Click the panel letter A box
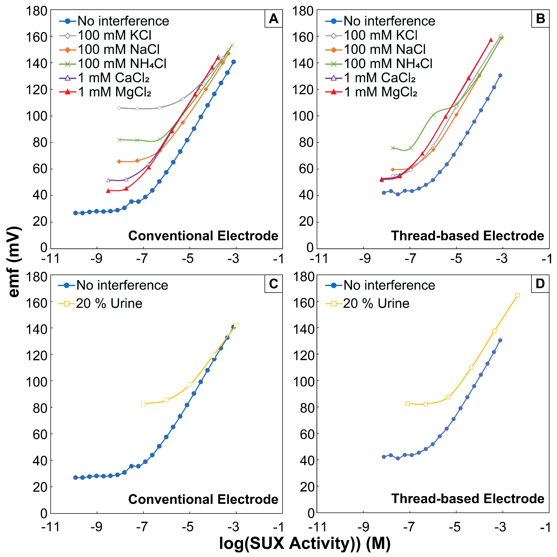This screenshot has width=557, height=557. (273, 19)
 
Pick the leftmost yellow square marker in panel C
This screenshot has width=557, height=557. (143, 404)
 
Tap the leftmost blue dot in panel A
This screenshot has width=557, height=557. (75, 213)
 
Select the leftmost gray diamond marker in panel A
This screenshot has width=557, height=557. (119, 108)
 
